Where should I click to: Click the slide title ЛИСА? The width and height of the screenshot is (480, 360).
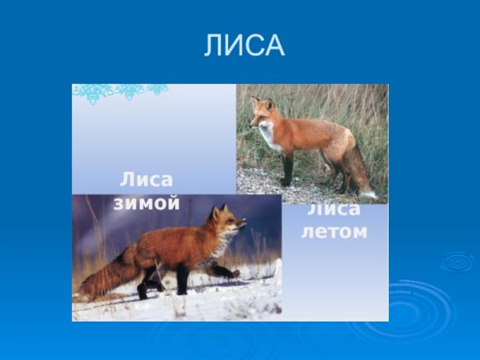click(x=244, y=46)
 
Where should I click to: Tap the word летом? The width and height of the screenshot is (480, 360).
click(x=334, y=232)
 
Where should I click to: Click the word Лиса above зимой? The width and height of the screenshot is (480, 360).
click(x=146, y=179)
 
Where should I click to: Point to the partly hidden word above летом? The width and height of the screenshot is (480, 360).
click(x=334, y=210)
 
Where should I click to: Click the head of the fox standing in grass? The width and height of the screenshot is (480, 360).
click(x=262, y=114)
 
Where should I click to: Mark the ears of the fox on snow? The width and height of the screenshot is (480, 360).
click(x=218, y=210)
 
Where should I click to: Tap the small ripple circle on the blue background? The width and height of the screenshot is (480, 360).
click(x=458, y=261)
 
